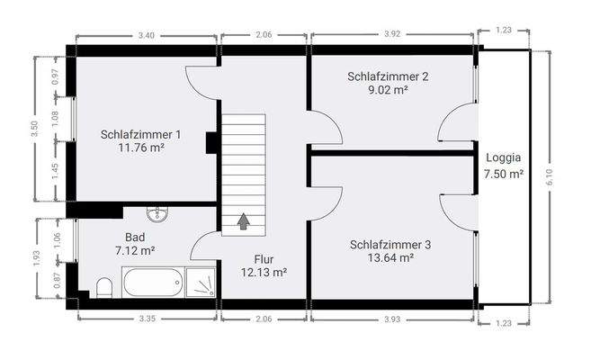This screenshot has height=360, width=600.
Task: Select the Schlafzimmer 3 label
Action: click(390, 244)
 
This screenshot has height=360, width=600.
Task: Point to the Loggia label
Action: click(503, 157)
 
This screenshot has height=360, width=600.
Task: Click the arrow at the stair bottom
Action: click(244, 219)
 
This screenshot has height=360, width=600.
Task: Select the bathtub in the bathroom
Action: click(153, 283)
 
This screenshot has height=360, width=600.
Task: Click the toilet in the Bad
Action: click(104, 288)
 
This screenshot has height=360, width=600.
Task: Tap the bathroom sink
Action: click(159, 213)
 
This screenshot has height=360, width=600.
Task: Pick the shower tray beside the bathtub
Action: click(201, 283)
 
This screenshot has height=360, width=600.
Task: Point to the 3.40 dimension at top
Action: click(146, 35)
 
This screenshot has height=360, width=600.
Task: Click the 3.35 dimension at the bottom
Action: click(146, 320)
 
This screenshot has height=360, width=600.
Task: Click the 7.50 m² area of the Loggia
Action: click(503, 175)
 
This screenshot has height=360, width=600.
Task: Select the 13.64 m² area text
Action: click(390, 257)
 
